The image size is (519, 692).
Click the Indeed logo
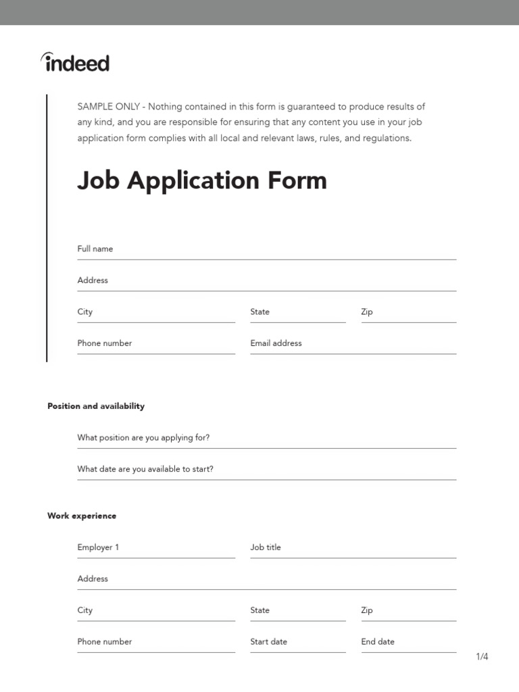pyautogui.click(x=75, y=63)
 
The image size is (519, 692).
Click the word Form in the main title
pyautogui.click(x=297, y=180)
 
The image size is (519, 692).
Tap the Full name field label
pyautogui.click(x=95, y=249)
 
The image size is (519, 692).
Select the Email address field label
pyautogui.click(x=276, y=343)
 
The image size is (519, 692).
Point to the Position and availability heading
pyautogui.click(x=96, y=406)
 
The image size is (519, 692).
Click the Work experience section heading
pyautogui.click(x=82, y=516)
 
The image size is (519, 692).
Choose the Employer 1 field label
pyautogui.click(x=98, y=547)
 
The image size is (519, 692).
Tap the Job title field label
pyautogui.click(x=266, y=547)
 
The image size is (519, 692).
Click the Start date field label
pyautogui.click(x=269, y=642)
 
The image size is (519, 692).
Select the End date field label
pyautogui.click(x=378, y=642)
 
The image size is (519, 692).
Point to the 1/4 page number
pyautogui.click(x=482, y=657)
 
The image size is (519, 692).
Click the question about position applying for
pyautogui.click(x=143, y=438)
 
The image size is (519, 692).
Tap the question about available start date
pyautogui.click(x=145, y=469)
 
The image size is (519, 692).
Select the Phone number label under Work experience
pyautogui.click(x=105, y=642)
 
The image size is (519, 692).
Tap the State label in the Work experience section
pyautogui.click(x=260, y=610)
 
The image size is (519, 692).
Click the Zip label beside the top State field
pyautogui.click(x=367, y=312)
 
